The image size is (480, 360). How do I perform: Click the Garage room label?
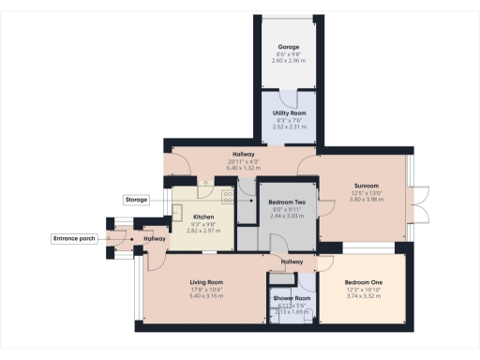289,47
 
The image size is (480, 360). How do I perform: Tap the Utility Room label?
289,112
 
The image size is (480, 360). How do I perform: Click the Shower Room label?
292,298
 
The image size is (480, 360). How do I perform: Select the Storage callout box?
137,200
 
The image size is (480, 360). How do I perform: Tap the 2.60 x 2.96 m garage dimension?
289,60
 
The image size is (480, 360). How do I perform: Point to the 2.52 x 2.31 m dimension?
289,125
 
